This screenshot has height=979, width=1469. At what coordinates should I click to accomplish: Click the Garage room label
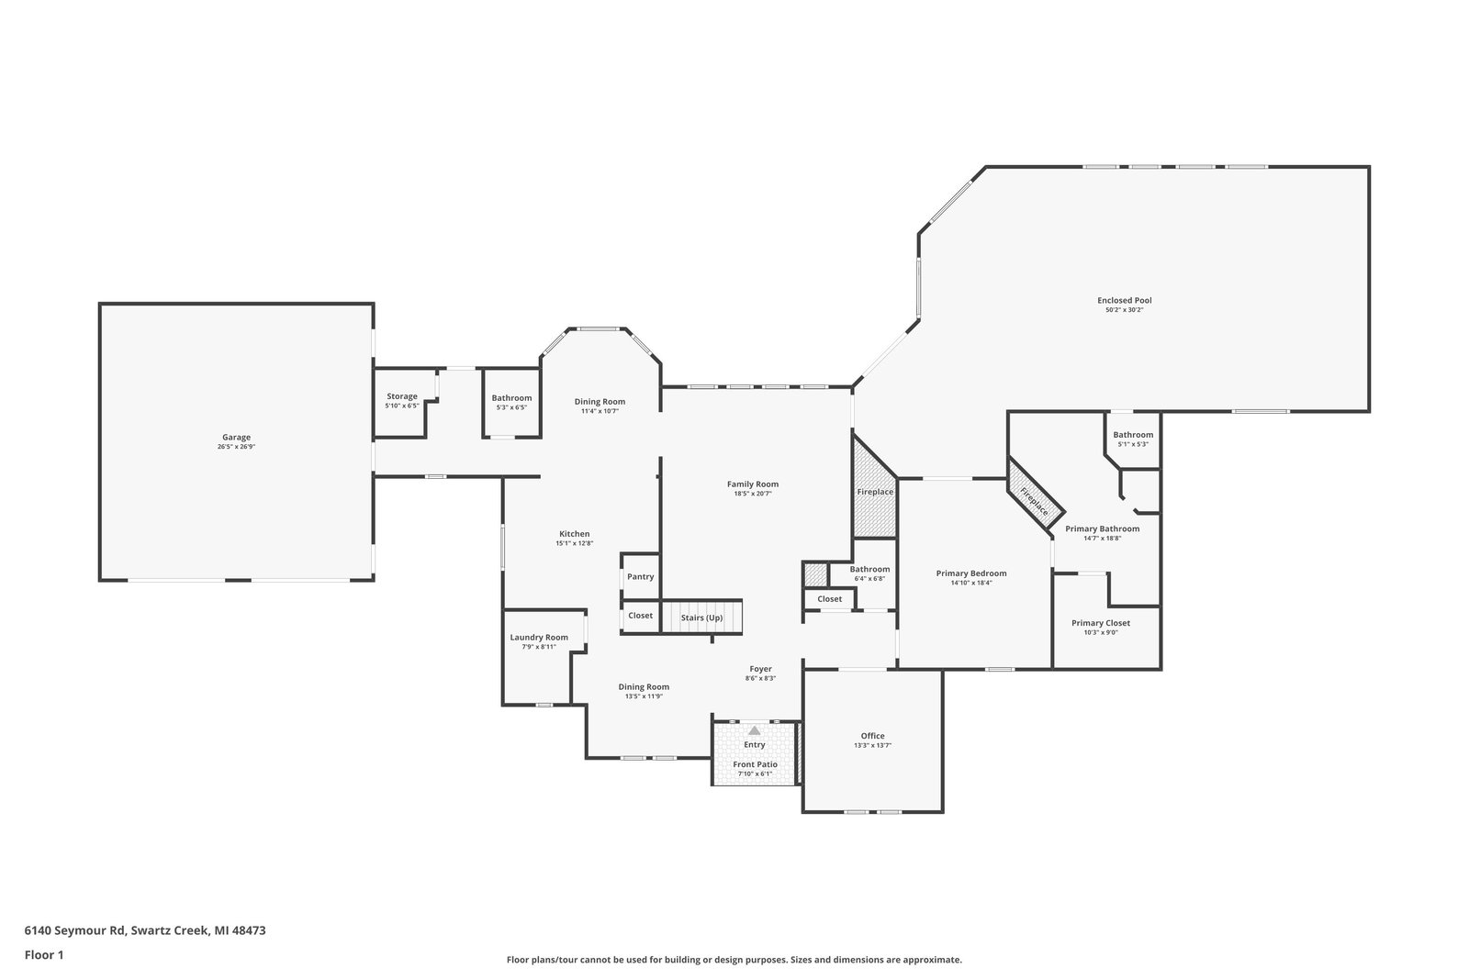pos(236,437)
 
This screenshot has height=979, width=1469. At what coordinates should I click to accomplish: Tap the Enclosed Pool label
pos(1124,301)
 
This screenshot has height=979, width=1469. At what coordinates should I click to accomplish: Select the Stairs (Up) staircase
pos(701,617)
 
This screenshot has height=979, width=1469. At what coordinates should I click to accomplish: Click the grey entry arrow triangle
pos(754,730)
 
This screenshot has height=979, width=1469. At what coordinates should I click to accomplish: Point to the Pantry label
pos(640,576)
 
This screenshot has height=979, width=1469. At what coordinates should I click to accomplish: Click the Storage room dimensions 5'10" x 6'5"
pos(402,406)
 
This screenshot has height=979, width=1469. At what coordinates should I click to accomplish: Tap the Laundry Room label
pos(539,637)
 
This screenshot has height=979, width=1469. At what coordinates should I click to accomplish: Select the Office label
pos(872,736)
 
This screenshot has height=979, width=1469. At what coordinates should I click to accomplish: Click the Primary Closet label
pos(1101,623)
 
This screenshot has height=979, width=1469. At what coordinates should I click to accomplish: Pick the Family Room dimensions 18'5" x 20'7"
pos(752,494)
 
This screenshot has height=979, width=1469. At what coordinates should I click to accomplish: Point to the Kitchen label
pos(575,534)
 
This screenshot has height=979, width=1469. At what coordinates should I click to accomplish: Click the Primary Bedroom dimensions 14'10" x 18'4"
pos(971,584)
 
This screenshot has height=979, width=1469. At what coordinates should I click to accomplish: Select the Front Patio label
pos(755,764)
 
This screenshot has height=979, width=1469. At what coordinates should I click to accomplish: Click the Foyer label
pos(761,669)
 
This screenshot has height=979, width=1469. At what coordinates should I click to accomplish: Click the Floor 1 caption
pos(44,955)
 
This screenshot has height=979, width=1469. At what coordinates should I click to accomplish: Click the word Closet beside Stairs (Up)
pos(640,616)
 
